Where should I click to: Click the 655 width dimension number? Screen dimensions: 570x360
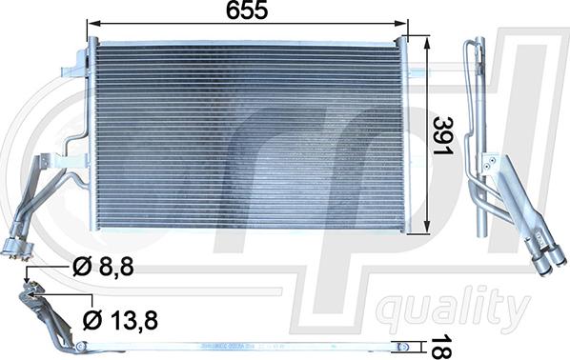pyautogui.click(x=247, y=10)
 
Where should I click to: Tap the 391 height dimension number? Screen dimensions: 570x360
pyautogui.click(x=443, y=136)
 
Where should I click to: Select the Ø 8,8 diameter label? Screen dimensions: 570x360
pyautogui.click(x=104, y=268)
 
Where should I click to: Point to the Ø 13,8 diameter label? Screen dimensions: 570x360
pyautogui.click(x=120, y=320)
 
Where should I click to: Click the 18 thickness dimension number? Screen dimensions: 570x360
pyautogui.click(x=441, y=347)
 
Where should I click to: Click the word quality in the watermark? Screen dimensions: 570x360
pyautogui.click(x=452, y=310)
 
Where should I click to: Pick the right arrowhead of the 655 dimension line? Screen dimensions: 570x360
pyautogui.click(x=401, y=24)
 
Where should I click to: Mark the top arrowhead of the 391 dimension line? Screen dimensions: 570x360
pyautogui.click(x=427, y=42)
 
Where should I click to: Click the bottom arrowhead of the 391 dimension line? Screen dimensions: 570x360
pyautogui.click(x=427, y=228)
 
